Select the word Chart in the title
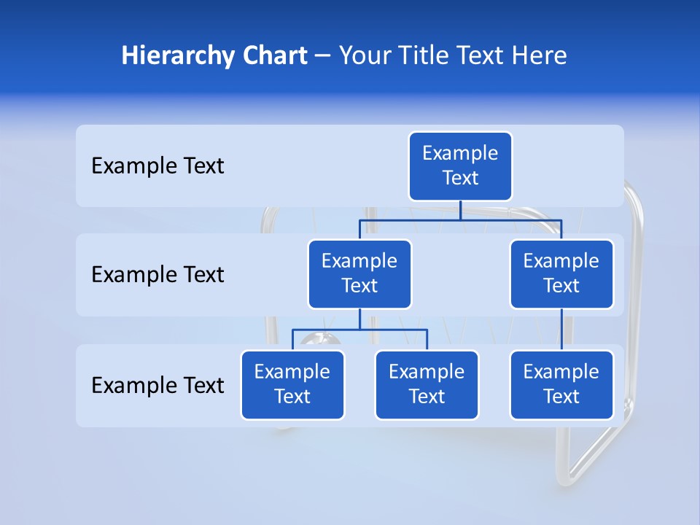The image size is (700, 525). click(x=273, y=55)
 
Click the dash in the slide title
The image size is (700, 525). click(x=323, y=56)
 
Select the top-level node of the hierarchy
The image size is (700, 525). click(x=460, y=166)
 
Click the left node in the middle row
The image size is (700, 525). click(x=359, y=274)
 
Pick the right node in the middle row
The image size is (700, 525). click(x=561, y=274)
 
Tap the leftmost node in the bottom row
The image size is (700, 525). click(x=292, y=385)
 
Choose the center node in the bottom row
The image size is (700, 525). click(x=427, y=385)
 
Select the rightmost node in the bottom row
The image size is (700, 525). click(x=561, y=385)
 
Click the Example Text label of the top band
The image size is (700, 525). click(x=157, y=166)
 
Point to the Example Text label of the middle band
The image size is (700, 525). click(x=157, y=275)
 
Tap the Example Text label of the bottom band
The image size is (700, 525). click(x=157, y=385)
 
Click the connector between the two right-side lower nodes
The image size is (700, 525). click(x=561, y=330)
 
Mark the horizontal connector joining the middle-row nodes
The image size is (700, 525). click(x=460, y=219)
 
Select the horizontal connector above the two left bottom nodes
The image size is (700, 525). click(x=359, y=330)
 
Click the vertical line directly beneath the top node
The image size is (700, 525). click(x=460, y=210)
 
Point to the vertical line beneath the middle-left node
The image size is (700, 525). click(x=359, y=319)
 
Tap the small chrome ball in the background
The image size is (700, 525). click(x=319, y=340)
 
